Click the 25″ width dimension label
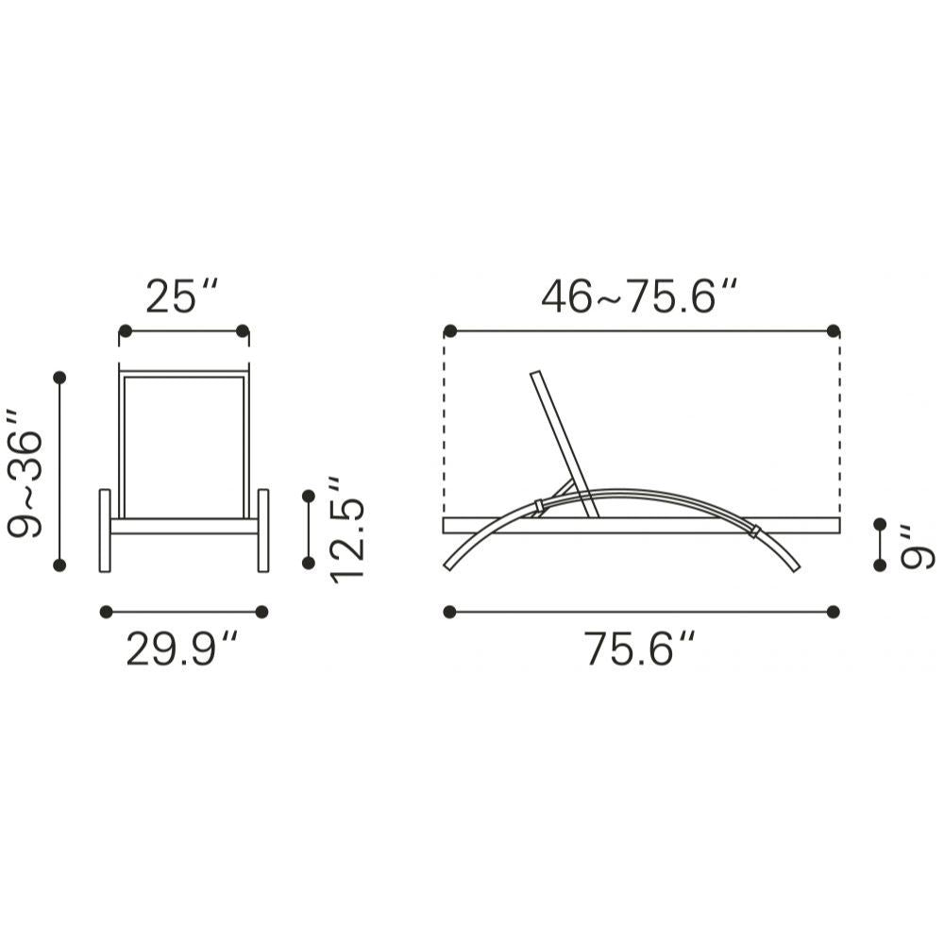[x=180, y=296]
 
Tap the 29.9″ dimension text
[x=181, y=649]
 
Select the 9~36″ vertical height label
[x=25, y=473]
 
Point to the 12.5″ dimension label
[x=346, y=530]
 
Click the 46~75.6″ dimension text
[x=639, y=296]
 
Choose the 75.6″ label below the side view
[x=639, y=649]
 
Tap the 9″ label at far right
[x=917, y=547]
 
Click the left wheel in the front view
[x=105, y=531]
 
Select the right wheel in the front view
[x=263, y=531]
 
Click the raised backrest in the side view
[x=565, y=445]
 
